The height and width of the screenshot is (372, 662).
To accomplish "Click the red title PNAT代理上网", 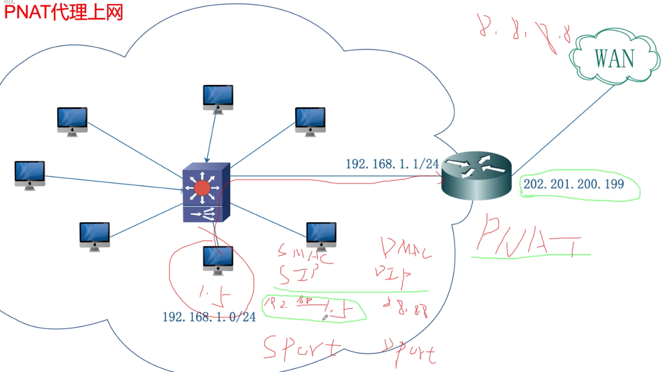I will click(64, 12).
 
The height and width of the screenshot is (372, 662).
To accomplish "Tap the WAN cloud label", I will click(614, 58).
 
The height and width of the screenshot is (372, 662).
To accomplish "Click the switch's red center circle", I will click(202, 188).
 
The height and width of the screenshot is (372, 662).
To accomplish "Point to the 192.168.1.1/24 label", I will click(392, 164).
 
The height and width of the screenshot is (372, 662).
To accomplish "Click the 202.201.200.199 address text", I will click(574, 184).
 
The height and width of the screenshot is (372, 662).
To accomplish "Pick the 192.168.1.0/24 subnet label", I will click(209, 317).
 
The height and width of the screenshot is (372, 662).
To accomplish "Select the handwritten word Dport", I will click(410, 351).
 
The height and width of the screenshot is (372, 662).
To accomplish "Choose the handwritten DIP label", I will click(393, 275).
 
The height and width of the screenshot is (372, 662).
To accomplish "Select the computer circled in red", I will click(218, 260).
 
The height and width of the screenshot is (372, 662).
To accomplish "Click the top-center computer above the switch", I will click(218, 98).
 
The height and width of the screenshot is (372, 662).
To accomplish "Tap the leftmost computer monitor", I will click(30, 175).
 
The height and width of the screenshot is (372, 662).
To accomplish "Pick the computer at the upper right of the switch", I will click(310, 121).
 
